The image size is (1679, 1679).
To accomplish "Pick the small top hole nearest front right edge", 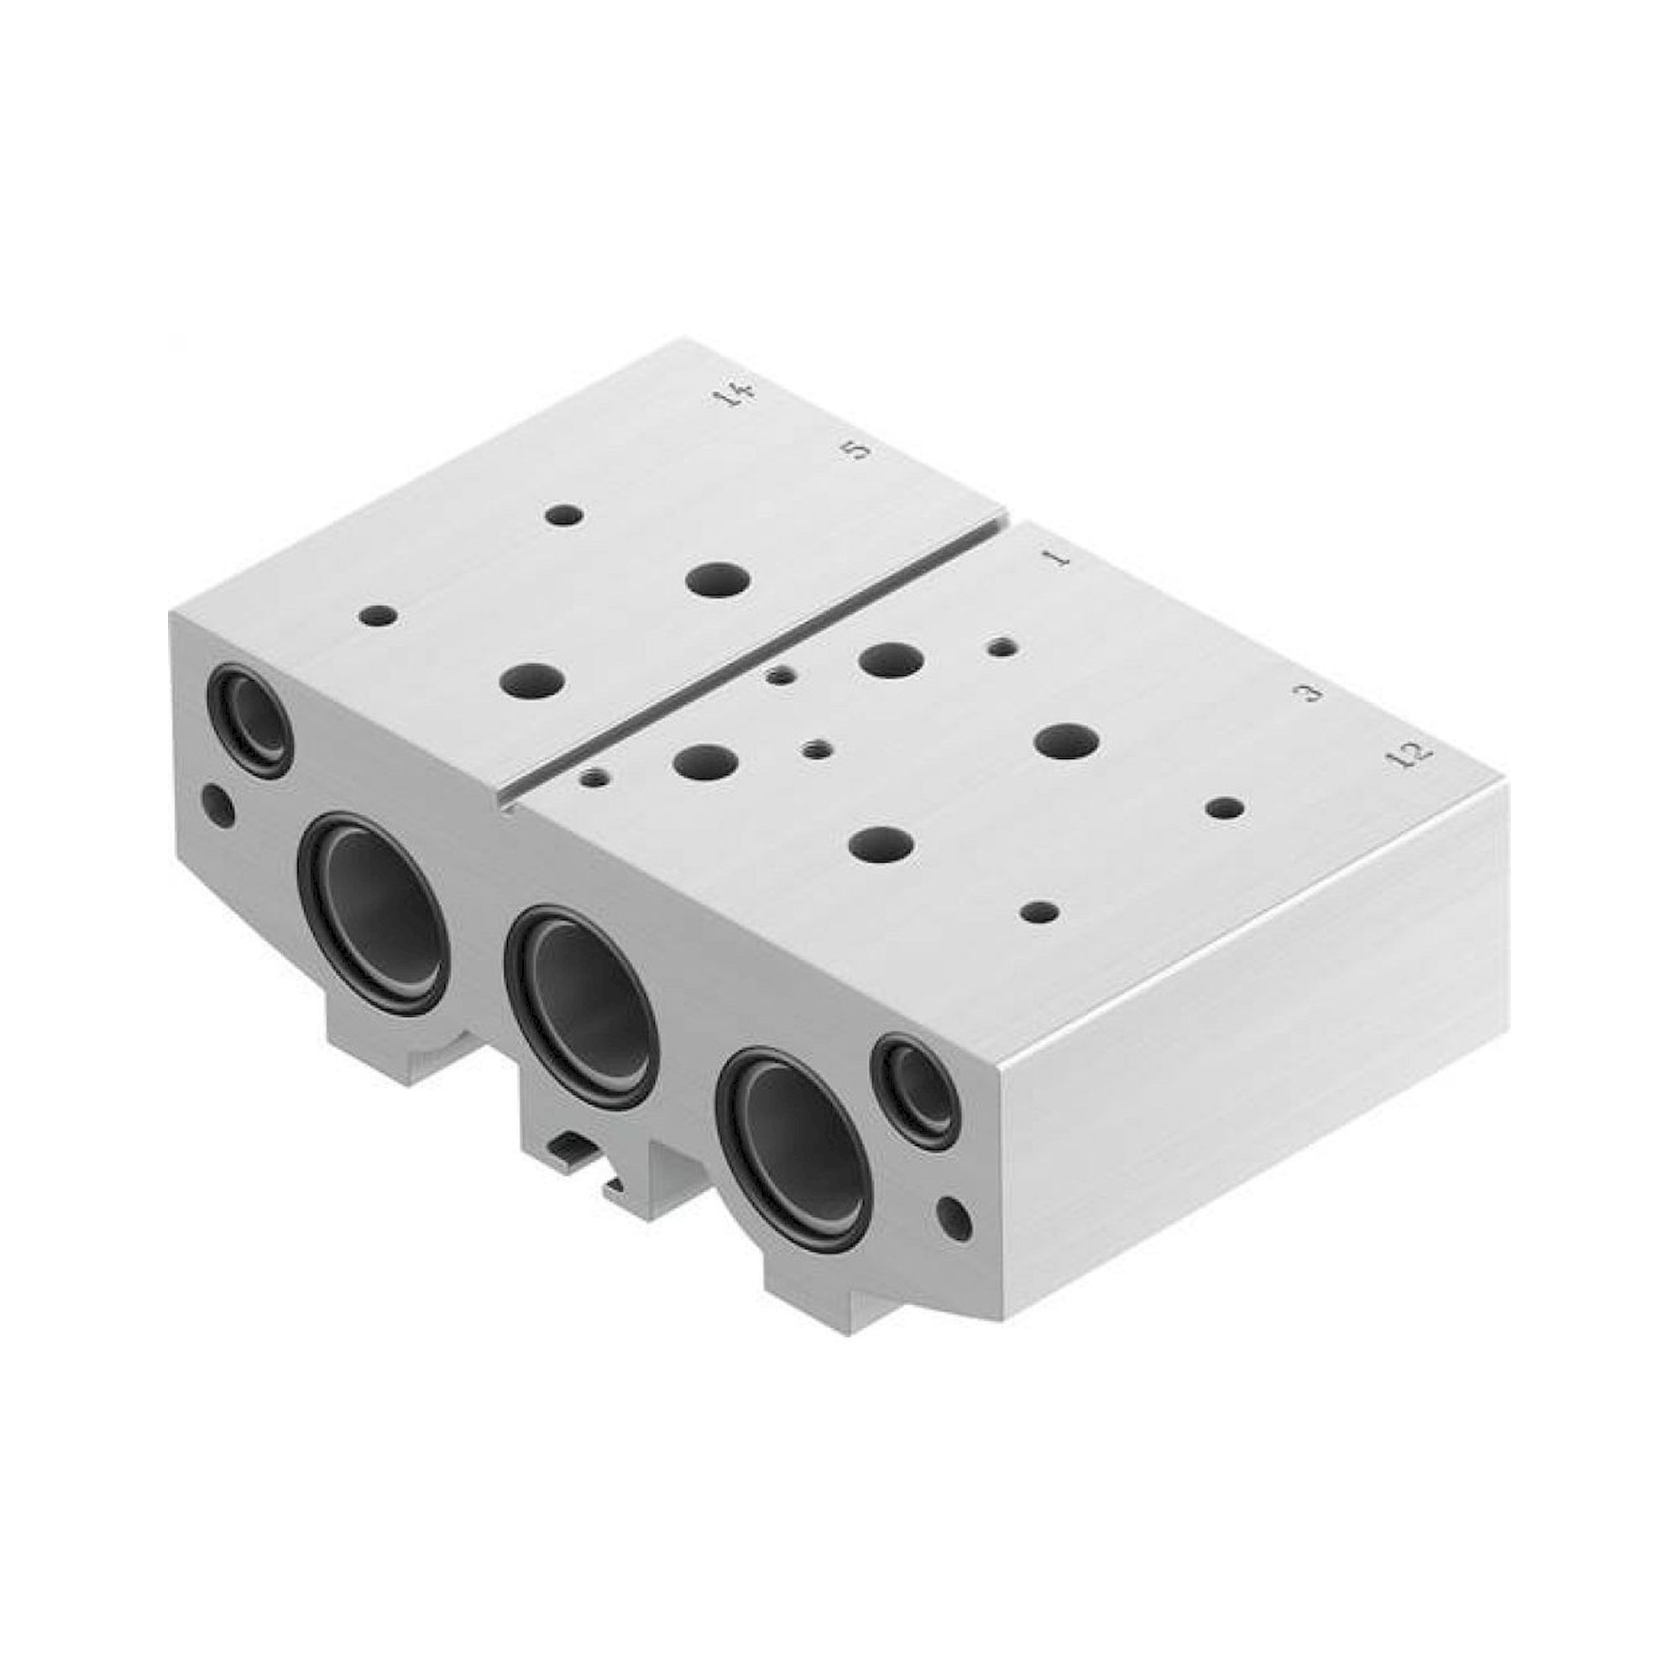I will (x=1040, y=913).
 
